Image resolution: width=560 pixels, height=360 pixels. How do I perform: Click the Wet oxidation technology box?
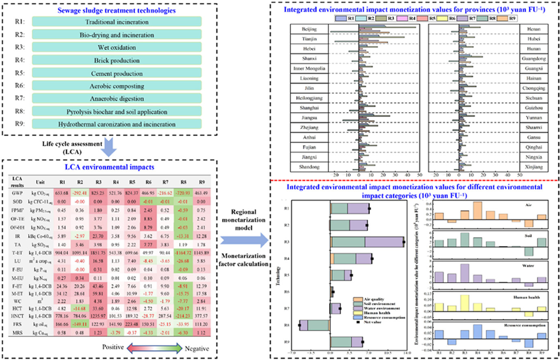[x=117, y=47]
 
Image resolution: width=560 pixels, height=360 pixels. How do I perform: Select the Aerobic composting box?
[x=117, y=86]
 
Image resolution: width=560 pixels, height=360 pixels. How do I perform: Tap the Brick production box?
[x=117, y=61]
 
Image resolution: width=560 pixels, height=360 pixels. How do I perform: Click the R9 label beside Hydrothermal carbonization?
[x=20, y=124]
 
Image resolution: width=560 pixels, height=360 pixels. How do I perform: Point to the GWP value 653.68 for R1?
[x=62, y=193]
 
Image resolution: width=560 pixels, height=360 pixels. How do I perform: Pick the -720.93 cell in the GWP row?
[x=183, y=193]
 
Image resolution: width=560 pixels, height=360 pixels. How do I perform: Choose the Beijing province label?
[x=309, y=29]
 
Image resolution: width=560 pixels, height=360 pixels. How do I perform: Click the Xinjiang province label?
[x=534, y=167]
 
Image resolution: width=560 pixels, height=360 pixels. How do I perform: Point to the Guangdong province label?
[x=534, y=59]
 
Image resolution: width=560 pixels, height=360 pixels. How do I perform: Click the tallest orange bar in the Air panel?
[x=477, y=210]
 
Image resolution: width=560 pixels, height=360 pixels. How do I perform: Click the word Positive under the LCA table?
[x=113, y=347]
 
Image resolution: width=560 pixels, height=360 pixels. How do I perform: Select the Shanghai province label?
[x=309, y=108]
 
